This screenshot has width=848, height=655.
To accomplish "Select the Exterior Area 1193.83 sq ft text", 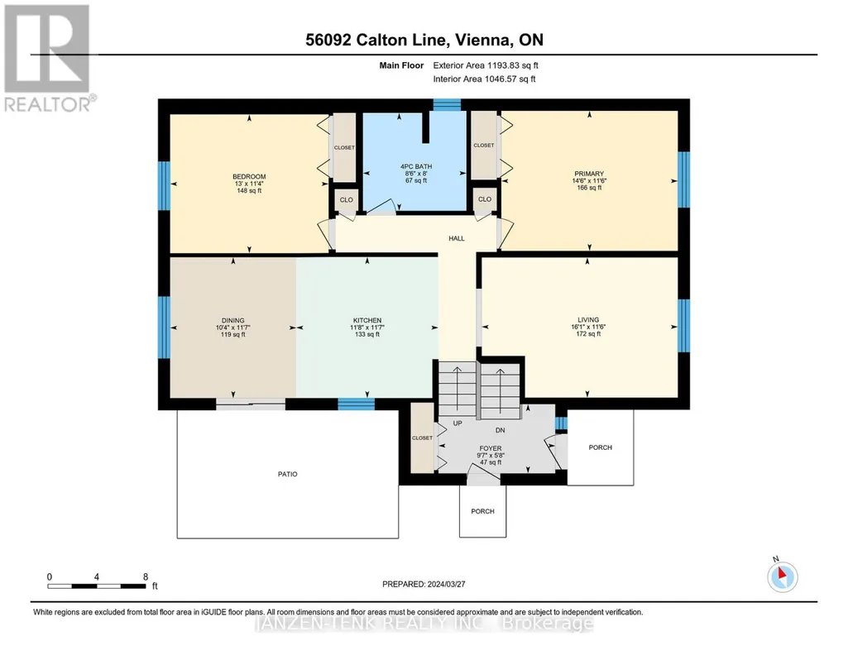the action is pos(486,65).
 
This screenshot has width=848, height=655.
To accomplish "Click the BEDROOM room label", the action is pos(249,177).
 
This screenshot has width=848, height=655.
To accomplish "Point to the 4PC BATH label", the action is pos(416,166).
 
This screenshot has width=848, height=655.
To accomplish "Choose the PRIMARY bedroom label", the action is pos(589,174).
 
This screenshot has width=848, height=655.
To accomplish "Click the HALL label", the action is pos(457,238).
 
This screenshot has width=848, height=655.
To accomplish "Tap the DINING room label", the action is pos(233,321).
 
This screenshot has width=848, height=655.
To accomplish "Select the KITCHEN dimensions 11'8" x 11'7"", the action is pos(367,327).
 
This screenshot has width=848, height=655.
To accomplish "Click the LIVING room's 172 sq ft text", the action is pos(588,334).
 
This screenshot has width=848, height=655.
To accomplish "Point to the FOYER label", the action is pos(491,448).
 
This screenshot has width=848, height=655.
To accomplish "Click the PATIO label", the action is pos(288,474).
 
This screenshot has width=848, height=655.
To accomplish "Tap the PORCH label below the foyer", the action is pos(483,511).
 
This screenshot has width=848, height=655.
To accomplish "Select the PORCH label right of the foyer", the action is pos(601,447).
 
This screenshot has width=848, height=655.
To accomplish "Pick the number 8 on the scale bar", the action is pos(146,577).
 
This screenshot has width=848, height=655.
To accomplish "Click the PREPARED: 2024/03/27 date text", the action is pos(424,584).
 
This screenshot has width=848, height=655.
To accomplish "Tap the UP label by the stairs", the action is pos(458,423).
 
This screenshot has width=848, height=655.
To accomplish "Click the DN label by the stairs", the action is pos(501,430).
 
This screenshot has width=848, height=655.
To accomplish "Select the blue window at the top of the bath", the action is pos(447,105).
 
